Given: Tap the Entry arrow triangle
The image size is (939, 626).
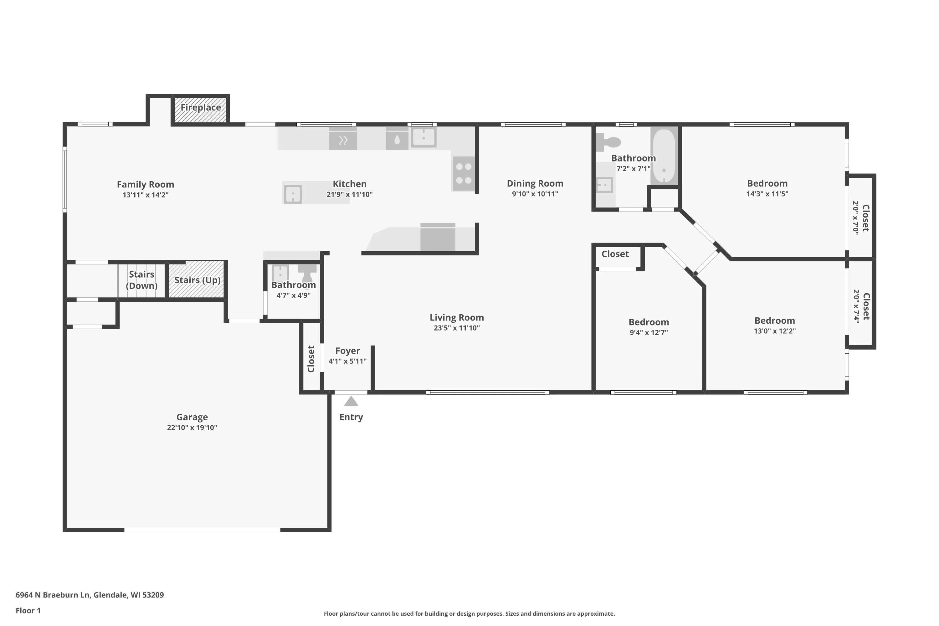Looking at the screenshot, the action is point(351,401).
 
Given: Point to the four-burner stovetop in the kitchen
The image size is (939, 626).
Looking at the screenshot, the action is point(464,173).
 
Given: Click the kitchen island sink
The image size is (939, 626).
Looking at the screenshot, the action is point(293,194).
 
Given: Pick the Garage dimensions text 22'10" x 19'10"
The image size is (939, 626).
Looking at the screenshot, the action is point(192,428).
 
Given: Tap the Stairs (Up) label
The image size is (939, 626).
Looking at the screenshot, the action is point(197,280).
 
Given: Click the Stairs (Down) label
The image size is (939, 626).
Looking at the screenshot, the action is point(142,280).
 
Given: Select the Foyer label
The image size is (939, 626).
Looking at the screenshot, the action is point(347,351).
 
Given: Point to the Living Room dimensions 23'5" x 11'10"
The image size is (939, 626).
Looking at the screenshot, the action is point(457,328).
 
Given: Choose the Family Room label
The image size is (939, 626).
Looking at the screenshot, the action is point(145,184).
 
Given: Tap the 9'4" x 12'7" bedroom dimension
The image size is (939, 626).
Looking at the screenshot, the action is point(649,332).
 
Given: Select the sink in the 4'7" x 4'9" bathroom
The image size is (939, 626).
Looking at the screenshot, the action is point(280,274).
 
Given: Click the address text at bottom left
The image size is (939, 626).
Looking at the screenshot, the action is point(90,595).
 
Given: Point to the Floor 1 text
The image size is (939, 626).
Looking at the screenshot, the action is point(28,610).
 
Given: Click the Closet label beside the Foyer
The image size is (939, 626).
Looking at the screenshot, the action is point(311,359).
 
